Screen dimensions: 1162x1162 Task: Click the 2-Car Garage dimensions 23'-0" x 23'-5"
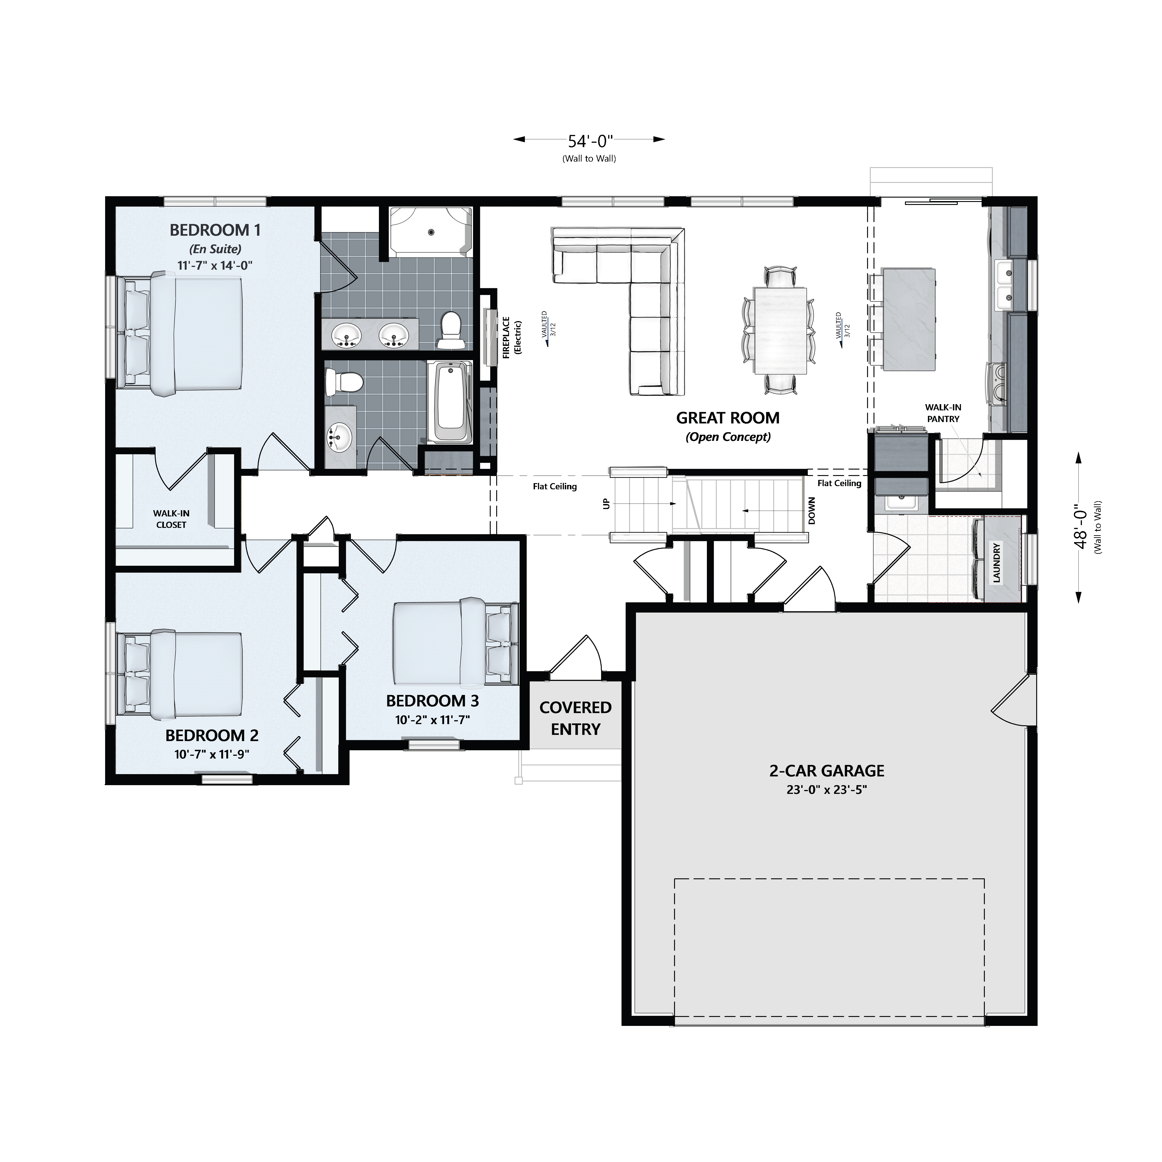tap(826, 790)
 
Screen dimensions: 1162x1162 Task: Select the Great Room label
tap(728, 418)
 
